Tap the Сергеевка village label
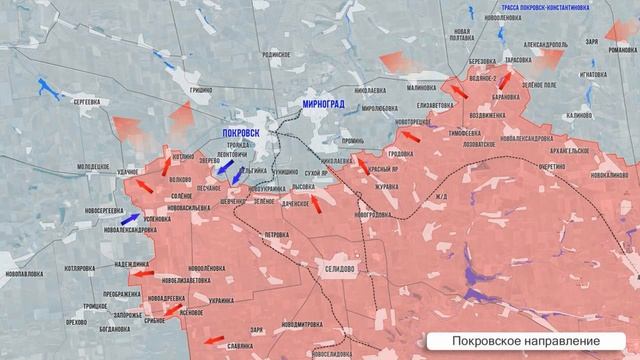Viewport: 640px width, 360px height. pos(79,102)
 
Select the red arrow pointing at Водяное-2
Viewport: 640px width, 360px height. pos(457,91)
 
